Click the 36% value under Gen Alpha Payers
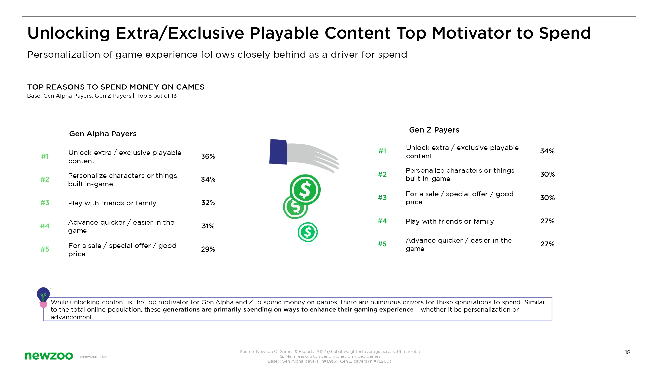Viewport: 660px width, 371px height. coord(208,156)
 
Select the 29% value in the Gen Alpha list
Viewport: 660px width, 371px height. coord(208,249)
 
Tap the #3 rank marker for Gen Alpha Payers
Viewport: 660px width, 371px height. coord(45,203)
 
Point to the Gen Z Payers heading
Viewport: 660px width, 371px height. coord(434,130)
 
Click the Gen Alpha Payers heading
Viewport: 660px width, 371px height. coord(103,134)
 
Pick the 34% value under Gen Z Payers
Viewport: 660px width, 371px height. coord(547,151)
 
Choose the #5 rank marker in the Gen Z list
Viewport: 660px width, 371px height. coord(382,244)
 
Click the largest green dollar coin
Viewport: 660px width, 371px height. coord(305,190)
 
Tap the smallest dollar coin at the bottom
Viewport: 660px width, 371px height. coord(308,232)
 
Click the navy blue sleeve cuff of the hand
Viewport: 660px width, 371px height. coord(278,152)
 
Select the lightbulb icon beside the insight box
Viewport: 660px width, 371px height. coord(43,296)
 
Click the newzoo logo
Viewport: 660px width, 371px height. coord(49,356)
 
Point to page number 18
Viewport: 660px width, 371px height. coord(628,353)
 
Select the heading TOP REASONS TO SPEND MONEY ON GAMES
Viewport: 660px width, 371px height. coord(116,87)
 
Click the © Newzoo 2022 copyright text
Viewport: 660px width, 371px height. coord(93,357)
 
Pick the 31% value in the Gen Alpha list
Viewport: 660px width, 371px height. coord(208,226)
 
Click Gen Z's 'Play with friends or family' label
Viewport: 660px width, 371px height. coord(450,221)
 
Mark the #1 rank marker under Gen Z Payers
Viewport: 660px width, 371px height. coord(382,151)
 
